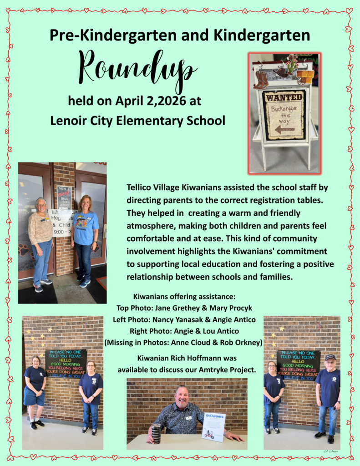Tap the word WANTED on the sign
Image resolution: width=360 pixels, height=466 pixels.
[x=284, y=97]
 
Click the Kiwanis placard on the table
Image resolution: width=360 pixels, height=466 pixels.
[x=213, y=426]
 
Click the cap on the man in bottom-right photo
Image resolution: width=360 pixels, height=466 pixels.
[x=330, y=357]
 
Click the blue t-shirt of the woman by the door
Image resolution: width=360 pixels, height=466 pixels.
[x=86, y=228]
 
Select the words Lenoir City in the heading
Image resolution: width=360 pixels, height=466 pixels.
[x=81, y=121]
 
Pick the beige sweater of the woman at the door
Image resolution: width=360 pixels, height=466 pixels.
[x=41, y=228]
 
